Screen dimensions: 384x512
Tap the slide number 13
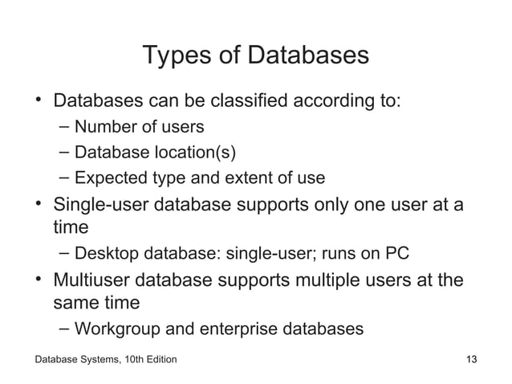(x=473, y=358)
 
